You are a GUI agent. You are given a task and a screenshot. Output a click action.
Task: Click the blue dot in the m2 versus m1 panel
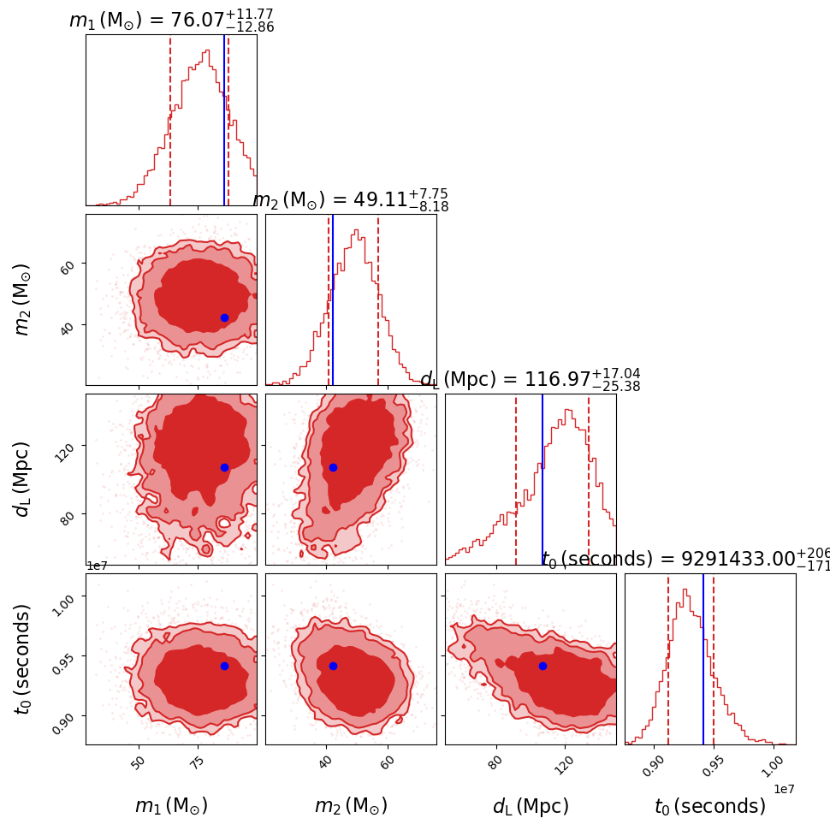[224, 317]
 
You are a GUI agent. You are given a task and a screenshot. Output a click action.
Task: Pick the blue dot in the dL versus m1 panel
[224, 467]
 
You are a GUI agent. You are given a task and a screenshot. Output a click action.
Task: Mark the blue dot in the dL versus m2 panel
[333, 467]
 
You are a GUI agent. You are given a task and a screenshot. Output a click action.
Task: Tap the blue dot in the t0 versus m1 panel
[224, 666]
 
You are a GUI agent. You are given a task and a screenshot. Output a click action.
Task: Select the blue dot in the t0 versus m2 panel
[333, 666]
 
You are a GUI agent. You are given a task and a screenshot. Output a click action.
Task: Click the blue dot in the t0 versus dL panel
[542, 666]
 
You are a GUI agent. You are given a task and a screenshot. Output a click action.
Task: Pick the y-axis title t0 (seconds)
[23, 658]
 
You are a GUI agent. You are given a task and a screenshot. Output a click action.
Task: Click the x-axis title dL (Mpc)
[531, 806]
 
